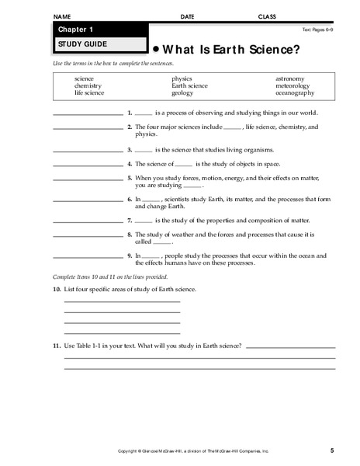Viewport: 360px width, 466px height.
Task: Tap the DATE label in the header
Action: pyautogui.click(x=188, y=16)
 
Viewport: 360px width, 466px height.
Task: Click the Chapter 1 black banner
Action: pyautogui.click(x=97, y=29)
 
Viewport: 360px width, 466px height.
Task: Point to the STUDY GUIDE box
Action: pyautogui.click(x=97, y=44)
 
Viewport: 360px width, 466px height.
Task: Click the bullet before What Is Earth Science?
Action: pyautogui.click(x=155, y=46)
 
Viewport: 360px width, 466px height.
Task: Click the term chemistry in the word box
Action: pyautogui.click(x=88, y=85)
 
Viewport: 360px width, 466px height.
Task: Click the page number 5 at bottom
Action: pyautogui.click(x=331, y=450)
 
